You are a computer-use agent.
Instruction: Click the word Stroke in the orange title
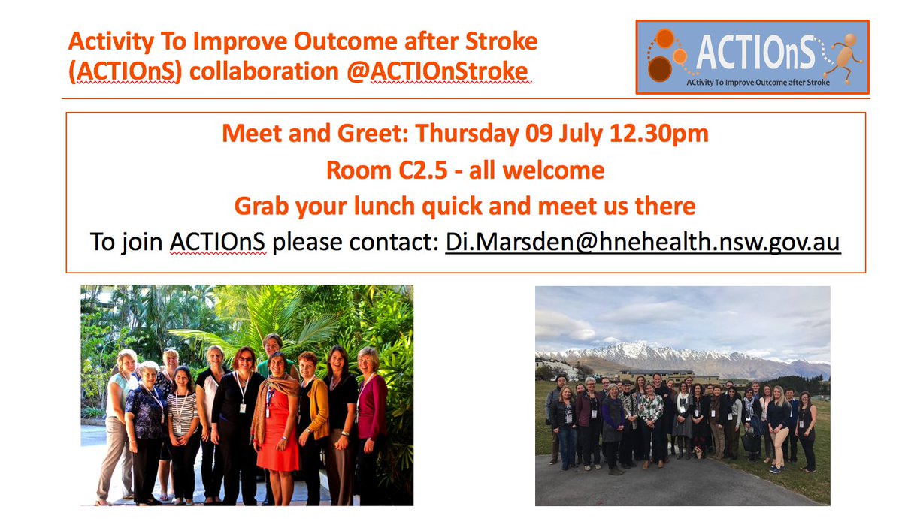pyautogui.click(x=501, y=41)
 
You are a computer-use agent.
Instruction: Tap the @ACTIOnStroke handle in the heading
pyautogui.click(x=437, y=71)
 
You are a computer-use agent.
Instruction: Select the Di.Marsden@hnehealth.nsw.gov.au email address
pyautogui.click(x=643, y=242)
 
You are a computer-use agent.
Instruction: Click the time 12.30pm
pyautogui.click(x=658, y=133)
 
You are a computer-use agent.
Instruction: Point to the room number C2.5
pyautogui.click(x=422, y=170)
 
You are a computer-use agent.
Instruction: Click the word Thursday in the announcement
pyautogui.click(x=467, y=134)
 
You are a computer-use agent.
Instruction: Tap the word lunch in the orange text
pyautogui.click(x=384, y=206)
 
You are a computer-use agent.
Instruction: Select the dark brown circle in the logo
pyautogui.click(x=660, y=69)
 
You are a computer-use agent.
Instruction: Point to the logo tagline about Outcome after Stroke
pyautogui.click(x=758, y=83)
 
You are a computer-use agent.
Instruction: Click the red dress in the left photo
pyautogui.click(x=277, y=430)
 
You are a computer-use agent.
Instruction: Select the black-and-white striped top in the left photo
pyautogui.click(x=183, y=413)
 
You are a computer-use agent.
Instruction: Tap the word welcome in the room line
pyautogui.click(x=553, y=170)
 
